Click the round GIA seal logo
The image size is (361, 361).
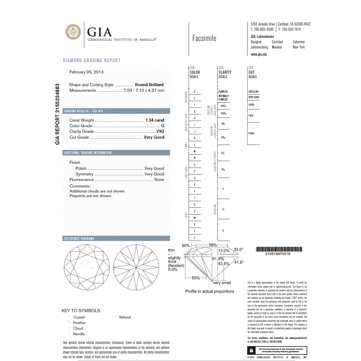click(73, 32)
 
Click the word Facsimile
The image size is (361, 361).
click(204, 38)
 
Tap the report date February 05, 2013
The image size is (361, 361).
click(86, 72)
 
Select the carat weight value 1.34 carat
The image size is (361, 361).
click(155, 120)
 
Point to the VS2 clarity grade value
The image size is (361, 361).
click(160, 131)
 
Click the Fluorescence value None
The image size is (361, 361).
click(159, 179)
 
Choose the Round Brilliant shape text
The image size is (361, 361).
click(149, 85)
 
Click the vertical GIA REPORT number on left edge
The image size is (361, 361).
click(57, 114)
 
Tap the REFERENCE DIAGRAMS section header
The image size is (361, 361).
click(79, 238)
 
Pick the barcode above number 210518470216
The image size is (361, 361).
click(279, 249)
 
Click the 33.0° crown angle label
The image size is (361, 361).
click(238, 249)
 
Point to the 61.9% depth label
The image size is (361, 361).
click(218, 259)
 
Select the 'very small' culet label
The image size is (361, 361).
click(222, 283)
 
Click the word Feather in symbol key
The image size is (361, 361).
click(79, 323)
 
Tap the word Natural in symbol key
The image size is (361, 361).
click(125, 317)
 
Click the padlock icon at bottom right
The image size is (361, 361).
click(251, 350)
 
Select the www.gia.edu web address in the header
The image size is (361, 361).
click(259, 54)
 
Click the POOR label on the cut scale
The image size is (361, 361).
click(251, 133)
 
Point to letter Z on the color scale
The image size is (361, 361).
click(195, 238)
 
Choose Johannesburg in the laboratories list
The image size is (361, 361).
click(259, 47)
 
